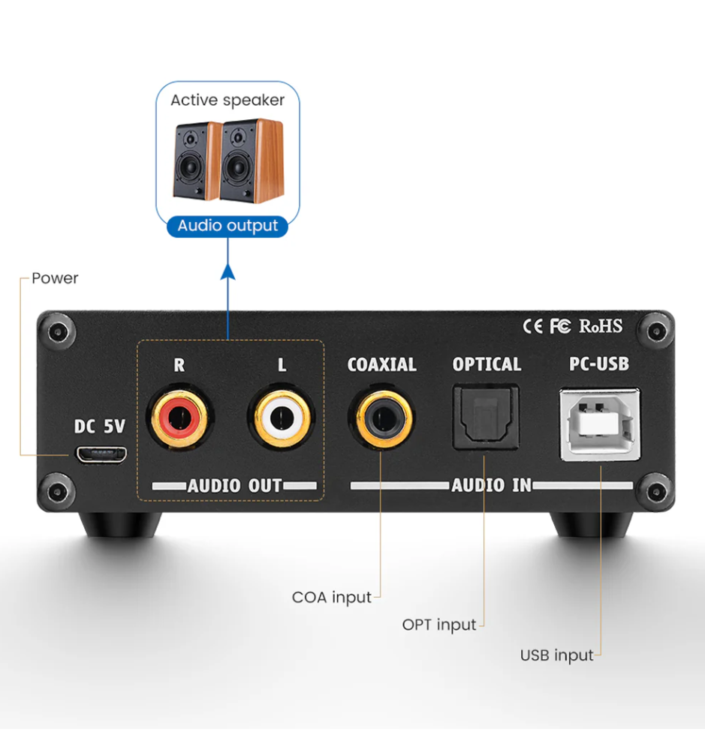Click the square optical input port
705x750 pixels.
pos(486,418)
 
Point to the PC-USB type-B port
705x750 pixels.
pos(600,424)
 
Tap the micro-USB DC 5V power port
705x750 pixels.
pos(101,454)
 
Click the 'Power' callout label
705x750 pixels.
pos(55,278)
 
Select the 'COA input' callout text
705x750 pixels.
pos(331,598)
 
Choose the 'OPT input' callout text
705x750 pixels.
pos(439,625)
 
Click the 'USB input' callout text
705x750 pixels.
pos(556,655)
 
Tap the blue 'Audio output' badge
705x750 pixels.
pos(227,226)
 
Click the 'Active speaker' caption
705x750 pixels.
pos(227,100)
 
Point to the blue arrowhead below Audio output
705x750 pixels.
pos(228,271)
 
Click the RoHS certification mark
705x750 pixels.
pos(601,326)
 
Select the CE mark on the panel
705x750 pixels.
pos(532,326)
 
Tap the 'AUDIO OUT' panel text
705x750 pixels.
pos(235,486)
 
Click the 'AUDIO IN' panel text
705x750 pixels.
pos(491,485)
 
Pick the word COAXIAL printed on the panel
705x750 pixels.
pos(381,365)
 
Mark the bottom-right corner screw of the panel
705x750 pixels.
pos(657,490)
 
